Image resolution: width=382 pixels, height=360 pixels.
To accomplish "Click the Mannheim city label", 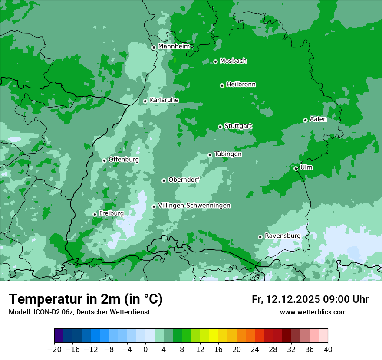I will coord(174,46).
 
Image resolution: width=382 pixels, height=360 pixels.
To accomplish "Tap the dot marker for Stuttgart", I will coord(221,127).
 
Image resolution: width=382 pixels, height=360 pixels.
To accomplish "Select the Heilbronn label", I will coord(241,85).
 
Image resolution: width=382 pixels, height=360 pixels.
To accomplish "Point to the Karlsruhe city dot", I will coord(145,101).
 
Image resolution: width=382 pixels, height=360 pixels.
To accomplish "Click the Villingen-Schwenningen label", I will coord(194,206).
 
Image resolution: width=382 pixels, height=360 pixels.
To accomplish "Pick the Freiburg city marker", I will coord(95,214).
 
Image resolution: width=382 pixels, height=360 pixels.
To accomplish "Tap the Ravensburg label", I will coord(282,236).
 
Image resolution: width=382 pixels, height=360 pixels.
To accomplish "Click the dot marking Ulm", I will coord(296,168).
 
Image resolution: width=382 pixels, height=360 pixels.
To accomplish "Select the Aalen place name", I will coord(318,119).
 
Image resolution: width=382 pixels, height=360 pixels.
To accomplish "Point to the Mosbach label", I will coord(233,61).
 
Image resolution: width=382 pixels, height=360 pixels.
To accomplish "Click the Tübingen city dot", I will coord(210,155).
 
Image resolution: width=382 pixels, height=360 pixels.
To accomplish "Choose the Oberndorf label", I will coord(184,180).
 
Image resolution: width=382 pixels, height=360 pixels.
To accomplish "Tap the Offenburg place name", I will coord(124,160).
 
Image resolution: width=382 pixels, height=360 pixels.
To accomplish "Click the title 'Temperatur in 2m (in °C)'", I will coord(86,299).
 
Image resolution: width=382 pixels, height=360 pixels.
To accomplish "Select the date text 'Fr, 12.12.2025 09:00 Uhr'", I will coord(310,299).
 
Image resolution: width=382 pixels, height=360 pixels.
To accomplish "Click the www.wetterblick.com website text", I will coord(313,312).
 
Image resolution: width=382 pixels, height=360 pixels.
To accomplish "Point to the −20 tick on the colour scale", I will coord(54,350).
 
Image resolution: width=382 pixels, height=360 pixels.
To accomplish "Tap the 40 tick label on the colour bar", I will coord(328,350).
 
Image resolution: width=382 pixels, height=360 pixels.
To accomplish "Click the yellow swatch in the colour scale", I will coord(214,336).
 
